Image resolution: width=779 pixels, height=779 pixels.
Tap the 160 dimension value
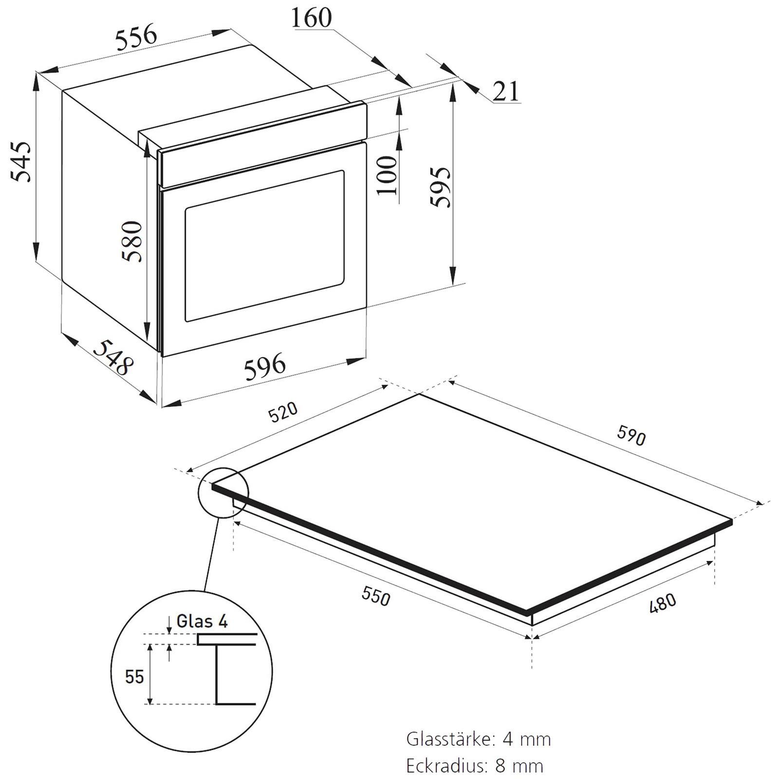pos(312,18)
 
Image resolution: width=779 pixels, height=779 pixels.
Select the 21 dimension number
pos(506,91)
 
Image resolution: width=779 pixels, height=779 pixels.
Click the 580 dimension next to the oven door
pos(132,241)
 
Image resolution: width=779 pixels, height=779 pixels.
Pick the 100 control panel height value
pos(388,175)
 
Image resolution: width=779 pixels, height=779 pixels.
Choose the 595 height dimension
pos(441,187)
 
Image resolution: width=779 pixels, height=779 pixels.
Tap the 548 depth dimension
pos(113,357)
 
